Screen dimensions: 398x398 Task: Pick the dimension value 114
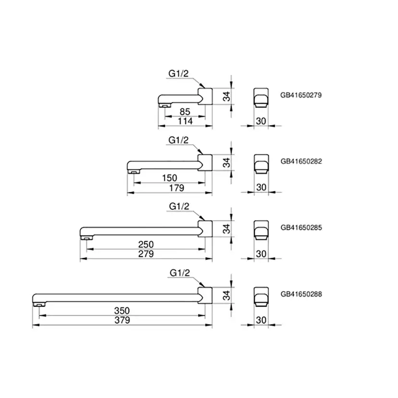(185, 121)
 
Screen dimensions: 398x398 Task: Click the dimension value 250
(146, 245)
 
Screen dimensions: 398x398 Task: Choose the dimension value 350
(122, 311)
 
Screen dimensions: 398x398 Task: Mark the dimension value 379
(122, 320)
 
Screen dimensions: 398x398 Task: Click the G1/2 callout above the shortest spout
(178, 74)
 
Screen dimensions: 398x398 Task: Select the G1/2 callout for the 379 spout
(180, 273)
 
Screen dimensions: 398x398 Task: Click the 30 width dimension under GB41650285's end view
(261, 253)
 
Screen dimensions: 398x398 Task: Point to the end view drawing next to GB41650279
(260, 97)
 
